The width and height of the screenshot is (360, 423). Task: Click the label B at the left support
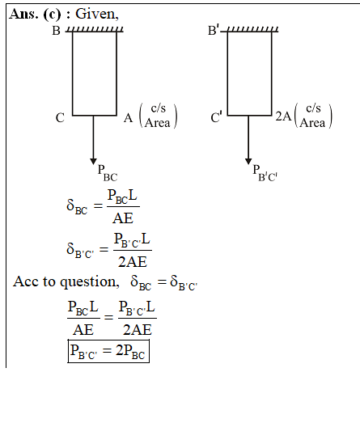56,31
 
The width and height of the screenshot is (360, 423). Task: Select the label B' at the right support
214,30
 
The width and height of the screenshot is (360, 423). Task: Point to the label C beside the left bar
60,118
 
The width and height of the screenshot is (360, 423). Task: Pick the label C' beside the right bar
217,116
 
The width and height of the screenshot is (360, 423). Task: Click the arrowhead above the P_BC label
93,161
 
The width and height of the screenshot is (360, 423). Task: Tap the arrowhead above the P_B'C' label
248,161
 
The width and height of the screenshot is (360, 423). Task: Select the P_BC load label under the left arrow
108,173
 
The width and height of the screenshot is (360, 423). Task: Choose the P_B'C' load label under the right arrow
265,173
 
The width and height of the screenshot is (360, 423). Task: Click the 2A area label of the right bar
283,116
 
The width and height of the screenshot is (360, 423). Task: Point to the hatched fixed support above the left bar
95,29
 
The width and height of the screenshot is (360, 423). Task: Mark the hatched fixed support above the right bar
249,29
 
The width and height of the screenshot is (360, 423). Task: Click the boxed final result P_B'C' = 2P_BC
108,351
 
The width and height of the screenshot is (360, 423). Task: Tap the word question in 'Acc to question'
88,282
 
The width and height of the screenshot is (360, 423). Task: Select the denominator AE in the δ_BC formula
123,218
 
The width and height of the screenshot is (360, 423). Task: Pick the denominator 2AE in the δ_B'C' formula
133,262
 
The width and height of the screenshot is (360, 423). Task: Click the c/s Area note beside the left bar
158,116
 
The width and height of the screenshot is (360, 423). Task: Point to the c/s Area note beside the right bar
313,116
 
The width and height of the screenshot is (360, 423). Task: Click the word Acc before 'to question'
27,281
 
